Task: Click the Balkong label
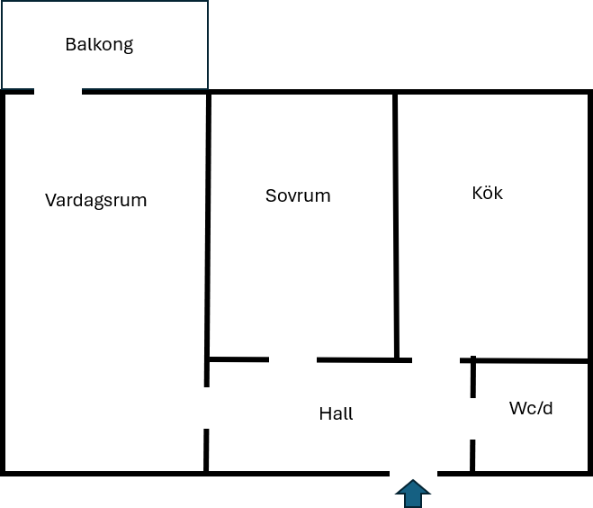click(x=99, y=45)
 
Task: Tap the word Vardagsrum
click(x=95, y=201)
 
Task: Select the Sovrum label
click(x=298, y=195)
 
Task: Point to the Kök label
click(x=487, y=193)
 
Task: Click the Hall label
click(x=336, y=413)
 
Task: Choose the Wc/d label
click(x=531, y=408)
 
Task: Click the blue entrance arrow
click(x=413, y=494)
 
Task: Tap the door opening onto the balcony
click(x=58, y=91)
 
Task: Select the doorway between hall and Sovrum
click(x=292, y=359)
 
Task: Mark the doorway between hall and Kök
click(x=436, y=360)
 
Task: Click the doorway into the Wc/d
click(x=472, y=419)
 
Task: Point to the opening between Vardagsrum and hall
click(x=206, y=408)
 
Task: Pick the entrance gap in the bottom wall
click(x=413, y=474)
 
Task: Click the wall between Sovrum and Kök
click(x=396, y=225)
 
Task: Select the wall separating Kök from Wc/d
click(x=524, y=361)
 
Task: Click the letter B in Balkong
click(x=70, y=44)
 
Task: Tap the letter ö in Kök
click(x=488, y=193)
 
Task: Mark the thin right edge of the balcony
click(x=208, y=45)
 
